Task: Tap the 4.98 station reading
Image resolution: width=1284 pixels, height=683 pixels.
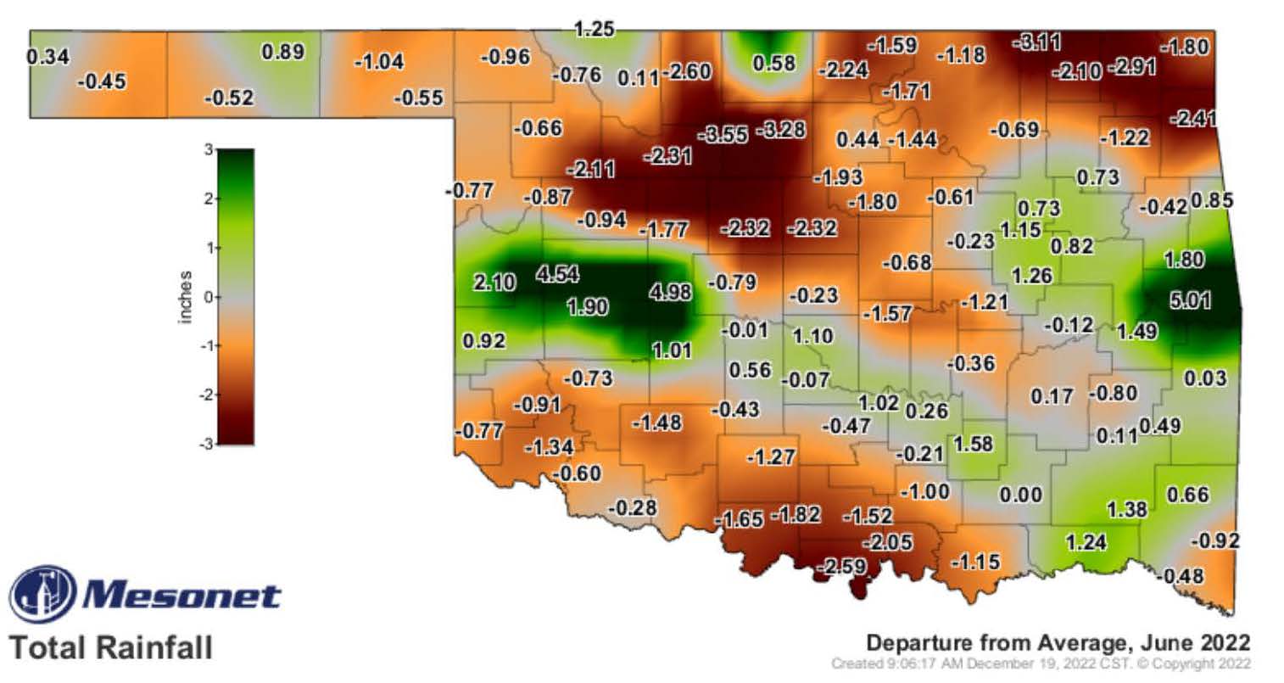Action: [x=670, y=293]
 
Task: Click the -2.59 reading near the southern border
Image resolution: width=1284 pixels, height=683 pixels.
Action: [x=840, y=565]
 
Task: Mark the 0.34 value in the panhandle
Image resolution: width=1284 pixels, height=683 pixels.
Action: [x=48, y=58]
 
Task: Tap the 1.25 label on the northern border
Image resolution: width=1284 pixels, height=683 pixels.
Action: [x=594, y=30]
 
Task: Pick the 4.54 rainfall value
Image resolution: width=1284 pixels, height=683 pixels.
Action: [x=557, y=275]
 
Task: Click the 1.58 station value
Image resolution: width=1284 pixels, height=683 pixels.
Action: [x=973, y=444]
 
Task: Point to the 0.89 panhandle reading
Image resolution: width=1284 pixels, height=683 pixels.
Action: [x=283, y=51]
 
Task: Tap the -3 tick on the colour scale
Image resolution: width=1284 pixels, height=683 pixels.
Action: [x=203, y=444]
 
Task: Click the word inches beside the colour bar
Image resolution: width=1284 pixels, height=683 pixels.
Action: [x=186, y=297]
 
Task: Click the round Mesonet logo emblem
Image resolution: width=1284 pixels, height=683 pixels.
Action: [x=42, y=593]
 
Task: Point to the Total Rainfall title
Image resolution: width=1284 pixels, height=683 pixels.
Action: [x=110, y=648]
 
